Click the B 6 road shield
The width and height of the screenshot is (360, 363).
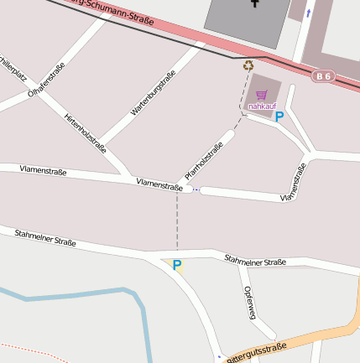click(x=324, y=76)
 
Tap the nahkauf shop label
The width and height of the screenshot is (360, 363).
click(x=262, y=106)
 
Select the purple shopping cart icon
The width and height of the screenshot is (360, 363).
click(x=262, y=95)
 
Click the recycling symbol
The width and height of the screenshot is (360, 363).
click(x=248, y=65)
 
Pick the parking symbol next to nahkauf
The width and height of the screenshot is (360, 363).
click(x=279, y=117)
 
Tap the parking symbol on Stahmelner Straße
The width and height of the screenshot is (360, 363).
click(x=177, y=265)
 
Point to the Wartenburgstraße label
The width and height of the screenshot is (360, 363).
click(x=153, y=93)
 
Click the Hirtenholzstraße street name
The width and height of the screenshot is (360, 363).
click(x=85, y=132)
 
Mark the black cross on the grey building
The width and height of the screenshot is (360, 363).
click(x=254, y=3)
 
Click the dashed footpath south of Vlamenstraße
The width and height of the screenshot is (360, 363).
click(x=177, y=222)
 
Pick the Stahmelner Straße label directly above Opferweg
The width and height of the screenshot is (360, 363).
click(x=255, y=261)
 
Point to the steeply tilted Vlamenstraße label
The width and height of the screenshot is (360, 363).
click(x=294, y=183)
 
